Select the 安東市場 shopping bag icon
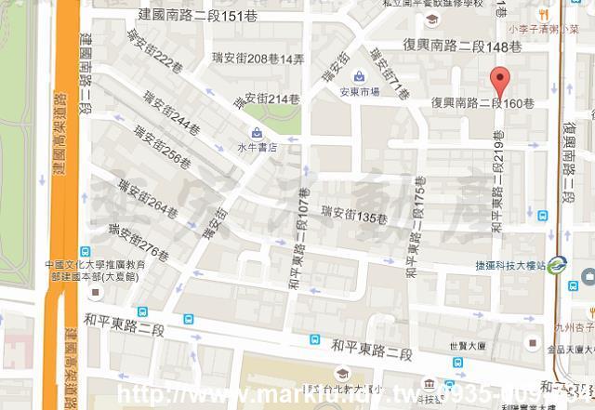(x=359, y=75)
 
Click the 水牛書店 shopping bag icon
(x=257, y=132)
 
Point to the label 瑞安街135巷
(x=352, y=218)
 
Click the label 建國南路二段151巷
(x=196, y=16)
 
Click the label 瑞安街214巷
(x=271, y=98)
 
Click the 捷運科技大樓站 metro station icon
(x=557, y=265)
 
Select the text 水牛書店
(x=258, y=146)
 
